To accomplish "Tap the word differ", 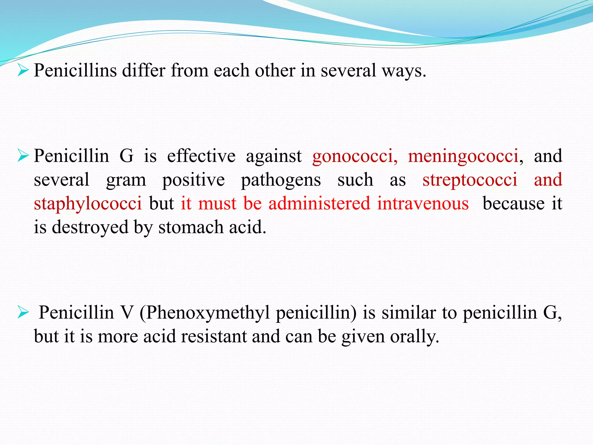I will [144, 70].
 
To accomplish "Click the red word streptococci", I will [470, 180].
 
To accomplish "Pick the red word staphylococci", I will [88, 204].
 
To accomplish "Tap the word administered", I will [319, 203].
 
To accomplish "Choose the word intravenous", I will [423, 203].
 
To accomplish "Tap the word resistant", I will [214, 336].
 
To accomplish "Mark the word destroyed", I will [90, 227].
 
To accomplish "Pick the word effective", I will [201, 156].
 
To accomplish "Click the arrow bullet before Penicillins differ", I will [23, 70].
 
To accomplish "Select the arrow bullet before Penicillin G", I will [23, 156].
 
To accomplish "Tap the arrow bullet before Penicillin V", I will [23, 313].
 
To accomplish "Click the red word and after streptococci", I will [548, 179].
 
